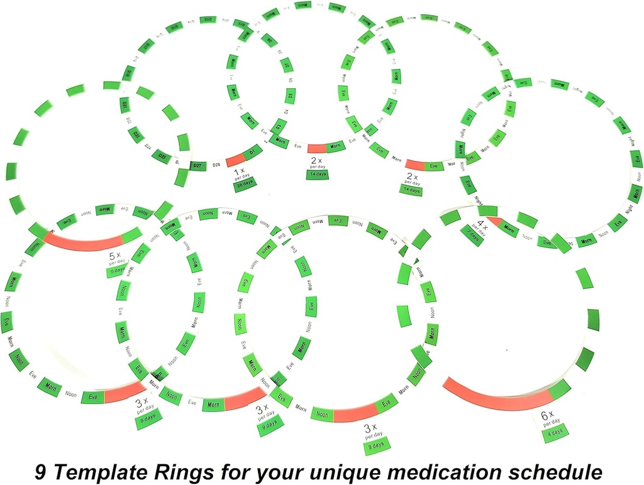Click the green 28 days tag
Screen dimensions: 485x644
[x=241, y=187]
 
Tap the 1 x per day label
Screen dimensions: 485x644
[x=240, y=173]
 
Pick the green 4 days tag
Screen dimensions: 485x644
[x=551, y=430]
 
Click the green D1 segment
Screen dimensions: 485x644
[x=252, y=152]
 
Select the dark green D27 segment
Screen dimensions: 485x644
[x=197, y=166]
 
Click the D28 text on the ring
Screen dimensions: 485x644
[x=216, y=164]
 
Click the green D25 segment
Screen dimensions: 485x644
[x=162, y=155]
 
